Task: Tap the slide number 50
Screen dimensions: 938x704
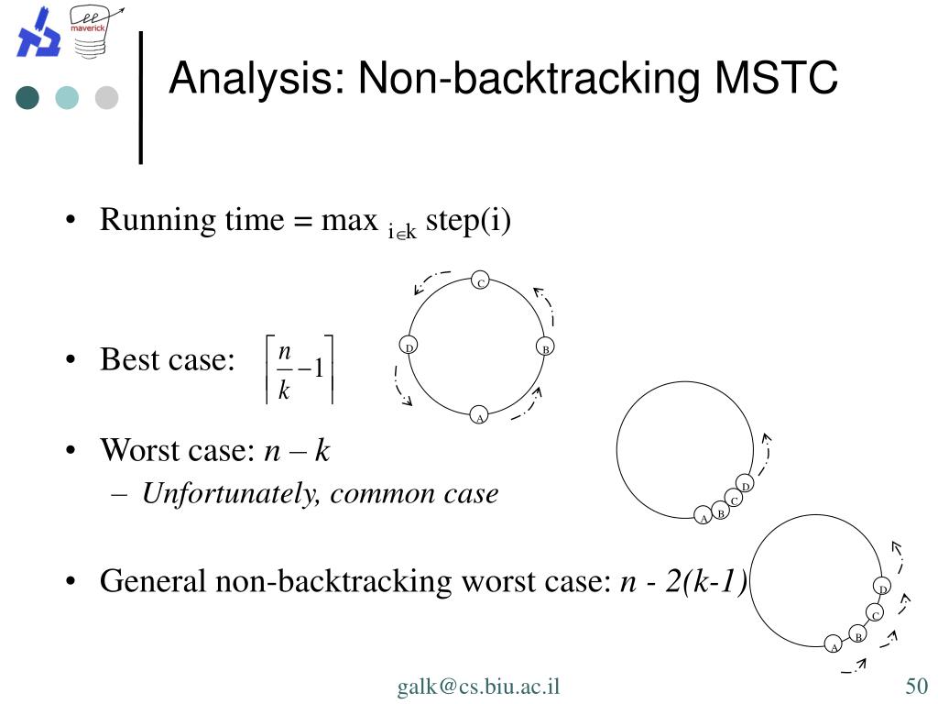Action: [x=917, y=687]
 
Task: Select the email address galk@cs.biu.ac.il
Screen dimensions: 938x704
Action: [x=478, y=687]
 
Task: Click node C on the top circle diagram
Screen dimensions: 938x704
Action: [x=480, y=281]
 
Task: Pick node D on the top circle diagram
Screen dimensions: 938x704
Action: [x=409, y=347]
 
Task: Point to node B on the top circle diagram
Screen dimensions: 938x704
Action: [x=544, y=348]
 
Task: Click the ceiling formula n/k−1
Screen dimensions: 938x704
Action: [x=299, y=368]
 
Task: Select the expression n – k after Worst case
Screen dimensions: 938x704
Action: [x=296, y=450]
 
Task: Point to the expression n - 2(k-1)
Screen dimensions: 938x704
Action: [x=683, y=581]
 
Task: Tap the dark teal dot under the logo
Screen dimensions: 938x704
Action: [x=27, y=97]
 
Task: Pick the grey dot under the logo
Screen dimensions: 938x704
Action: [x=107, y=97]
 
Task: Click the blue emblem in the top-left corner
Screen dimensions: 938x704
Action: [x=38, y=33]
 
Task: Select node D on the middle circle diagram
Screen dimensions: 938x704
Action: [x=746, y=485]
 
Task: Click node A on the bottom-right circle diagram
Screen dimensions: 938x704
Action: [x=834, y=645]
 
